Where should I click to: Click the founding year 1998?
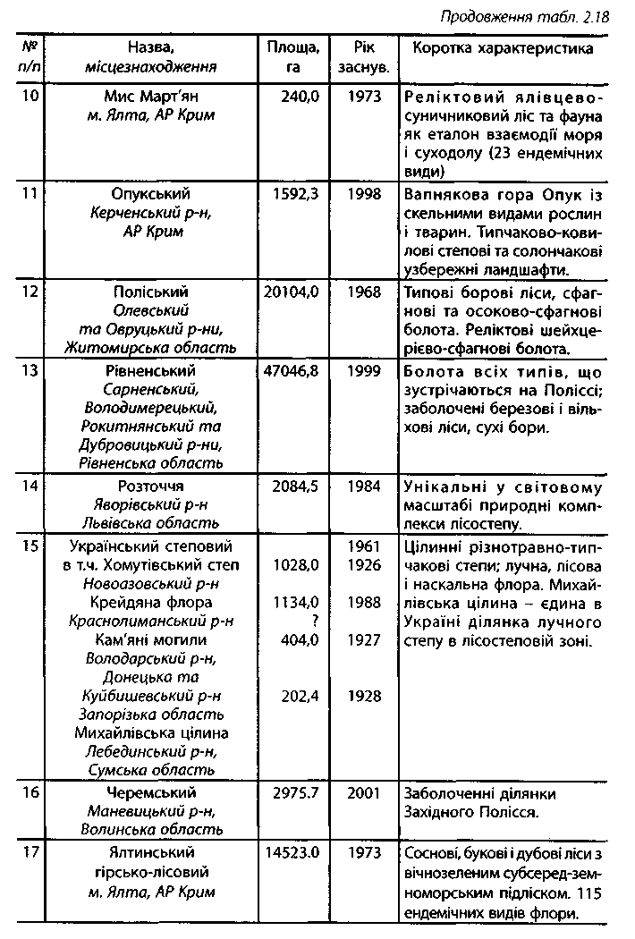(363, 194)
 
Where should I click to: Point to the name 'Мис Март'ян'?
(151, 97)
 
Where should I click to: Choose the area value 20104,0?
(292, 292)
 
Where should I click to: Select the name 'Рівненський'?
(150, 370)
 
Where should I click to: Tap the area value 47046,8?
(292, 370)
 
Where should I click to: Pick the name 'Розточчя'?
(150, 486)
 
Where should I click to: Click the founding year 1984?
(363, 486)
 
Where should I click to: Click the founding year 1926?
(363, 564)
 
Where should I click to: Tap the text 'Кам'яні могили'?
(150, 639)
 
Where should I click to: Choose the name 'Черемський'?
(150, 792)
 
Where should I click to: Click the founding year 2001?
(363, 792)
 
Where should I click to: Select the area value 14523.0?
(292, 853)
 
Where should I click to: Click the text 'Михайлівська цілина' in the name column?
(150, 733)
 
